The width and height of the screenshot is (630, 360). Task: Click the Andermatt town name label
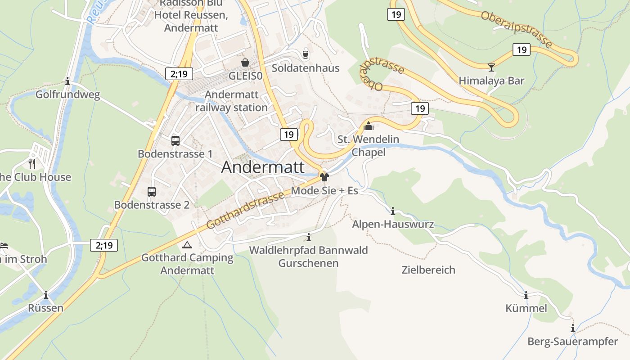pyautogui.click(x=263, y=167)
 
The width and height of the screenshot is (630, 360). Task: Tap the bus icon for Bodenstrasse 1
pyautogui.click(x=175, y=141)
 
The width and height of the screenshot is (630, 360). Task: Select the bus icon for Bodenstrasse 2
pyautogui.click(x=152, y=192)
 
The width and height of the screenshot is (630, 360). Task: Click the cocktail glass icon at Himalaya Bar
pyautogui.click(x=491, y=67)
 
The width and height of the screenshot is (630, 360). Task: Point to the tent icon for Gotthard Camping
pyautogui.click(x=187, y=245)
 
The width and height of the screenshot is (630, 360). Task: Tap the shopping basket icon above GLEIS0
pyautogui.click(x=245, y=62)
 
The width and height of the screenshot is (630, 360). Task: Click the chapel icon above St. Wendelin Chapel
pyautogui.click(x=369, y=126)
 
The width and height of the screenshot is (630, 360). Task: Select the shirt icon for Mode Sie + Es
pyautogui.click(x=324, y=177)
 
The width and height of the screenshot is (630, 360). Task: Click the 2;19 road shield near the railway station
pyautogui.click(x=179, y=74)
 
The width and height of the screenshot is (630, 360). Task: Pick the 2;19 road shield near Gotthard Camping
pyautogui.click(x=104, y=245)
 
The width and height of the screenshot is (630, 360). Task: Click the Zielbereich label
pyautogui.click(x=428, y=270)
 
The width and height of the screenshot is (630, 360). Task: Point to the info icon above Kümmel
pyautogui.click(x=526, y=295)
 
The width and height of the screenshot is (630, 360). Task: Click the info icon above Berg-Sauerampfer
pyautogui.click(x=572, y=328)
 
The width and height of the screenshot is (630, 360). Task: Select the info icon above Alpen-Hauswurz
pyautogui.click(x=393, y=211)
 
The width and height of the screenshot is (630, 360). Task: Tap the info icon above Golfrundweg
pyautogui.click(x=67, y=81)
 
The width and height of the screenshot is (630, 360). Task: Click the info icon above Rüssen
pyautogui.click(x=45, y=295)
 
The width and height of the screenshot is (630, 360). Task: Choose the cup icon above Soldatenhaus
pyautogui.click(x=306, y=54)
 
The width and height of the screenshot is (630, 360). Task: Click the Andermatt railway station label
pyautogui.click(x=232, y=101)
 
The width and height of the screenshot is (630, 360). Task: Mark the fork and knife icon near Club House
pyautogui.click(x=32, y=163)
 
